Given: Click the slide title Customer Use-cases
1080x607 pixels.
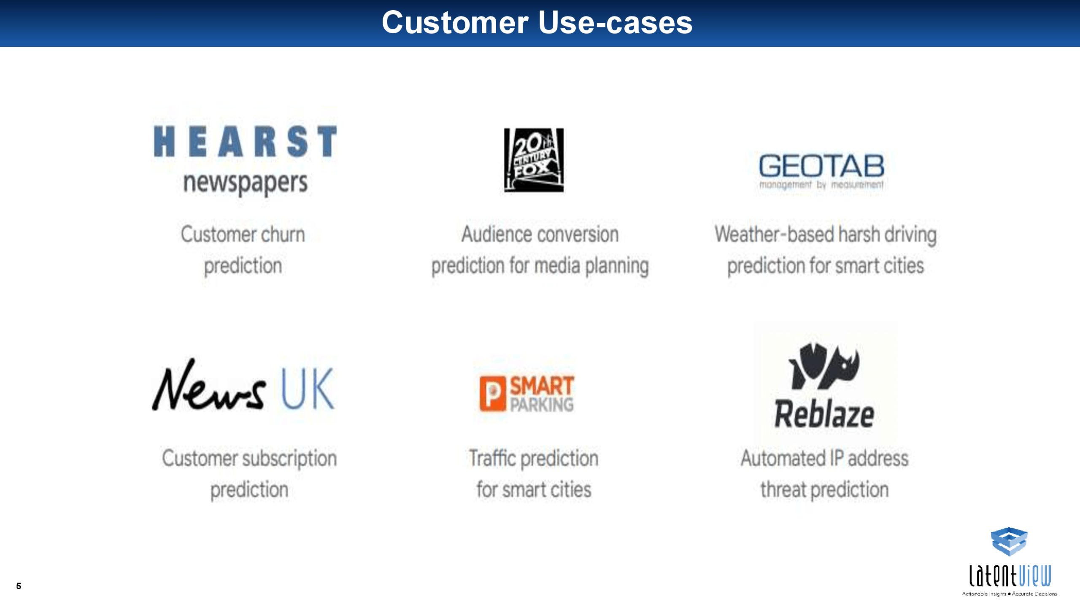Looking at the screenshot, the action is pos(537,22).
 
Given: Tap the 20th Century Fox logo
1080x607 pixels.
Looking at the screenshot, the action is pos(534,160).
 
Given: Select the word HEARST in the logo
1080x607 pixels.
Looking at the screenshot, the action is pos(245,142).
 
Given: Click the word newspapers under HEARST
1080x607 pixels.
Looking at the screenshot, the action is pos(245,184).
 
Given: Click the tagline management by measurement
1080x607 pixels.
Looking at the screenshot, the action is pos(821,185).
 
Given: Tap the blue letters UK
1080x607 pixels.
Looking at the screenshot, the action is pos(308,389).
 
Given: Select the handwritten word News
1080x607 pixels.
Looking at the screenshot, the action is pos(209,385).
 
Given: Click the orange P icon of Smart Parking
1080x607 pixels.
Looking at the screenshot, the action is pos(492,393).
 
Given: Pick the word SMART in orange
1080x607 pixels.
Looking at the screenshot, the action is pos(542,386).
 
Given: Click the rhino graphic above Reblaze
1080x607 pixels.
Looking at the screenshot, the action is pos(824,366).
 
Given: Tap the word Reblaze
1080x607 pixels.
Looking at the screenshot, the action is pos(824,414).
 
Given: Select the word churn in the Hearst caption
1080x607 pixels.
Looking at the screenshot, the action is pos(283,234).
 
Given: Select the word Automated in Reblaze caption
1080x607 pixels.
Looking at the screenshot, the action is pos(783,458).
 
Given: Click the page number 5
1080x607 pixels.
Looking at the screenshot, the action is pos(19,586).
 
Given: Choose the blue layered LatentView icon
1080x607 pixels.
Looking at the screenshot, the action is pos(1009,541).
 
